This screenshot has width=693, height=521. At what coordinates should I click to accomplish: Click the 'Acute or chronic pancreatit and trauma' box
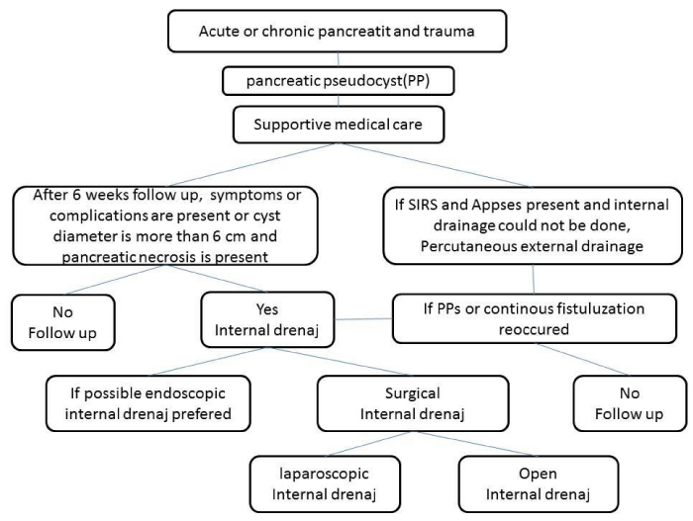(x=337, y=31)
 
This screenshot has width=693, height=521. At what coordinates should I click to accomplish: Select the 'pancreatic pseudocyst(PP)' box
(x=339, y=81)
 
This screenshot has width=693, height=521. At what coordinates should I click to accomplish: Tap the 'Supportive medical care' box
(x=339, y=124)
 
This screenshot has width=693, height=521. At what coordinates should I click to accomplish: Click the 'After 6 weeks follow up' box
(x=165, y=225)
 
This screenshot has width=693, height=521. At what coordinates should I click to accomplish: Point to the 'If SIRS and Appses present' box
(x=533, y=225)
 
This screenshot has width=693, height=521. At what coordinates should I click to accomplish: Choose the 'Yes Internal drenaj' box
(x=267, y=319)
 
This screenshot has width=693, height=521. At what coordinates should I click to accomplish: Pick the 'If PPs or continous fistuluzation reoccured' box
(x=535, y=318)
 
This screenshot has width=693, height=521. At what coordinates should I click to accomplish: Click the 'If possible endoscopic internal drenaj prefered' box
(x=148, y=403)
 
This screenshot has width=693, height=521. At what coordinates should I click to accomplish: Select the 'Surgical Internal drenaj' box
(x=413, y=403)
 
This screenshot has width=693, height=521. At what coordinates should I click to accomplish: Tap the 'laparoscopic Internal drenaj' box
(x=325, y=483)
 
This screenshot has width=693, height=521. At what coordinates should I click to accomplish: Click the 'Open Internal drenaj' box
(x=539, y=483)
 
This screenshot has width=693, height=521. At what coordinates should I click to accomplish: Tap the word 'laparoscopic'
(x=324, y=474)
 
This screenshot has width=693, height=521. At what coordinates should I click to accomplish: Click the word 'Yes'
(x=267, y=309)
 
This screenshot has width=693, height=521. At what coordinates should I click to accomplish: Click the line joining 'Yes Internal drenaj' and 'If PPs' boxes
(x=363, y=318)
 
